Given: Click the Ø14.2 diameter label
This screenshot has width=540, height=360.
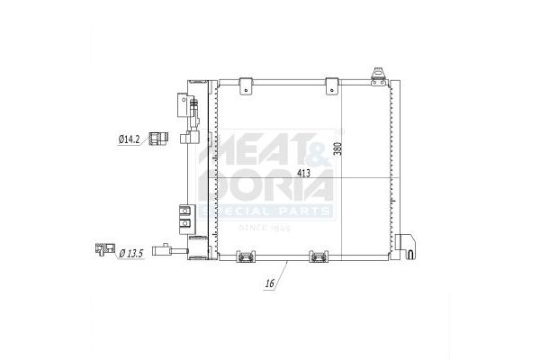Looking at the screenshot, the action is pos(129,139).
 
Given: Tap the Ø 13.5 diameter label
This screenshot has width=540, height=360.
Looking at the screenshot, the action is pos(130,254).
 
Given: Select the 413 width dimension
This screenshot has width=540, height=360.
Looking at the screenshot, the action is pos(303,174).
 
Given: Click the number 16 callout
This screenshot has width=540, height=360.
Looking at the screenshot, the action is pos(270,283).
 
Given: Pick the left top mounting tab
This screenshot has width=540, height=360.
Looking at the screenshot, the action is pos(246,85).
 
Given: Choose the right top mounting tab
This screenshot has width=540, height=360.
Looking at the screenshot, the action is pos(332,85).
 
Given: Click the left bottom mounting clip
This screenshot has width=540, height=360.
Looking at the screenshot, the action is pos(246,256).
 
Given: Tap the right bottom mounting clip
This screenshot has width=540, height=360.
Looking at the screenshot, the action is pos(319,256).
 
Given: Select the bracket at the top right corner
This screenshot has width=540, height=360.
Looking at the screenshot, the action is pos(379,76).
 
